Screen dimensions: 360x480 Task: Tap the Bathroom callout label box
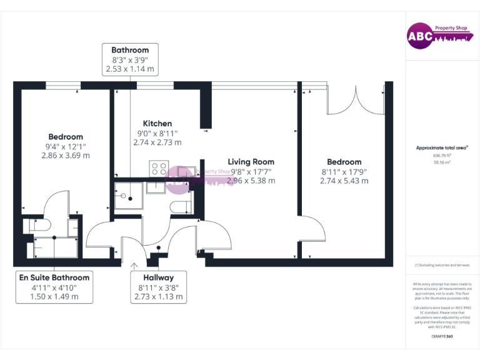point(130,59)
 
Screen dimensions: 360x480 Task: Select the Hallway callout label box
point(158,287)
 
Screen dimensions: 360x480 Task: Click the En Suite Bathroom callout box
point(54,287)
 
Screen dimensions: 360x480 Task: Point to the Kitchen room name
point(157,123)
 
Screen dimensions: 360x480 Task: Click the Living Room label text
point(251,161)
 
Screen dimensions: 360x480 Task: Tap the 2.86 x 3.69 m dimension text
point(66,156)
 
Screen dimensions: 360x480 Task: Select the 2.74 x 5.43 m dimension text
point(344,181)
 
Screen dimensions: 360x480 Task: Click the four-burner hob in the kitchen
point(158,169)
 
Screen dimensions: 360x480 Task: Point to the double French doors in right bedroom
point(355,100)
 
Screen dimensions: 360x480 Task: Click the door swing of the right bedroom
point(312,230)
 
